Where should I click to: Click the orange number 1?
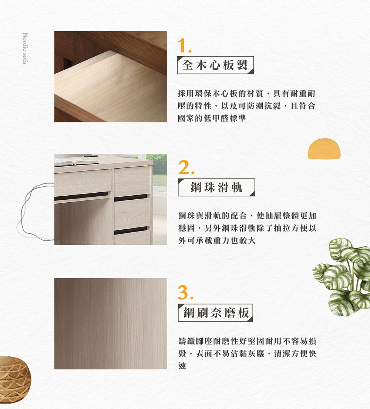184,46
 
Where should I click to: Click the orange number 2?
185,168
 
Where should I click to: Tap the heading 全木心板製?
215,65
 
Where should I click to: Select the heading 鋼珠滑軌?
216,187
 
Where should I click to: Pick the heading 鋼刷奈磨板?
215,313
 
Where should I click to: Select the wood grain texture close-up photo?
110,323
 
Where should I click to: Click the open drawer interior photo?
110,77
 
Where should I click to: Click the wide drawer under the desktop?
83,182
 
